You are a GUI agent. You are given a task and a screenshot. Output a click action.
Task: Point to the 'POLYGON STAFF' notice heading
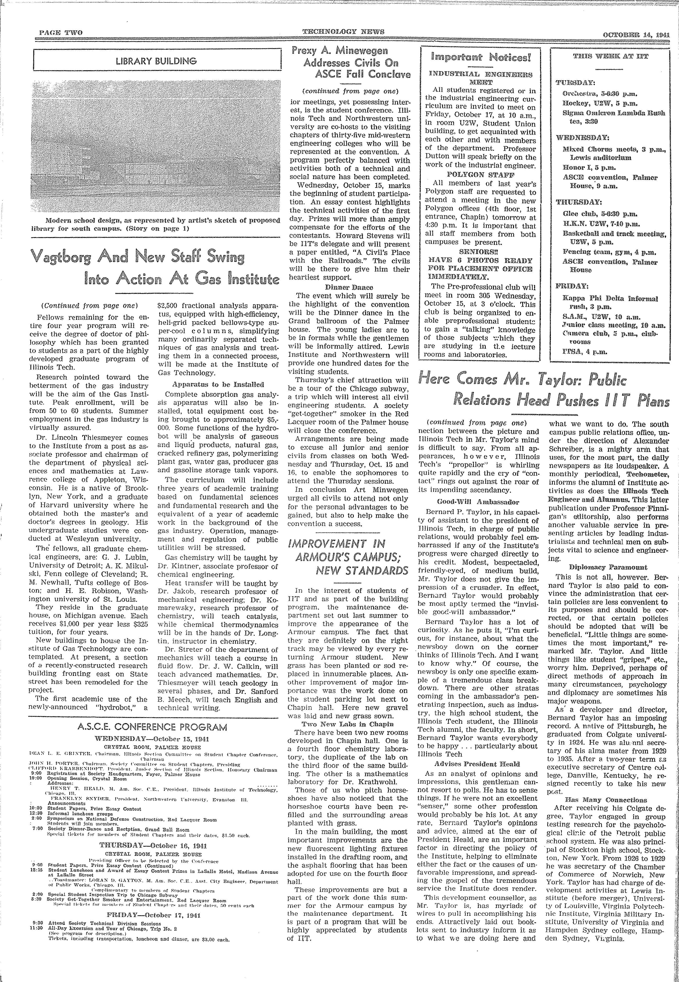coord(480,174)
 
